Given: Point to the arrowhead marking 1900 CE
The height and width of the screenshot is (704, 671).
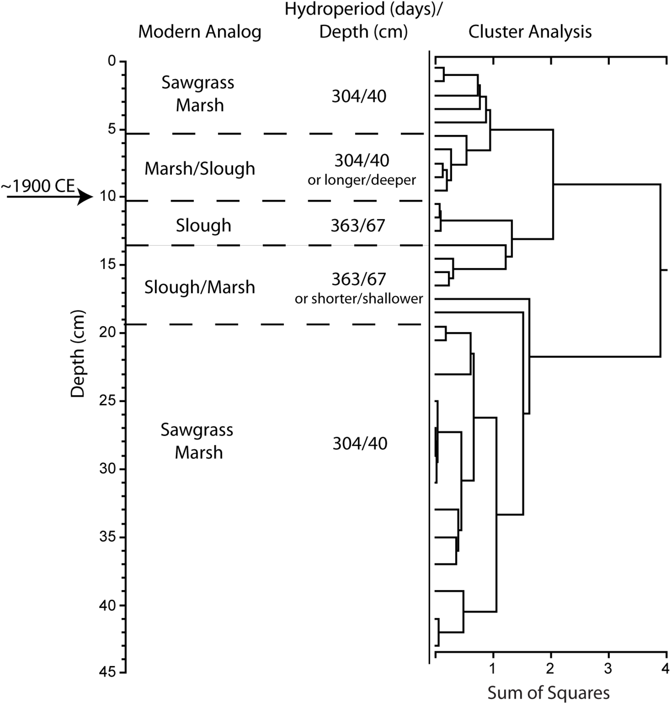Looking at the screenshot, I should tap(86, 197).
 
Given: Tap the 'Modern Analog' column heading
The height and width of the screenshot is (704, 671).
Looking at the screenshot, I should tap(200, 32).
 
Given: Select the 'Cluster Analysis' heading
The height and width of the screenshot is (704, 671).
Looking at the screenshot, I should tap(530, 32).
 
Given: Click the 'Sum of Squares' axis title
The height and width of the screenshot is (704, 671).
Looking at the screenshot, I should tap(548, 692).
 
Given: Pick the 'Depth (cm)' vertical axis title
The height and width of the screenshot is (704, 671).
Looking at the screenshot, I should tap(78, 354).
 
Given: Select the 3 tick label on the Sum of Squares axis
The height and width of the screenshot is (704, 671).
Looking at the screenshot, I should tap(608, 668).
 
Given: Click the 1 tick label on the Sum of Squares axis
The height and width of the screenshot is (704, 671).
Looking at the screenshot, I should tap(493, 668).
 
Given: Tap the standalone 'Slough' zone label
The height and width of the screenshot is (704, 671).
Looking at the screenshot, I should tap(203, 226).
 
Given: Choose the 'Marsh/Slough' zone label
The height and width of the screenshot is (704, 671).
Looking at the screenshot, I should tap(200, 169).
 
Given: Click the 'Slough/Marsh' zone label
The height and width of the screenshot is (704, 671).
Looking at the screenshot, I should tap(200, 287).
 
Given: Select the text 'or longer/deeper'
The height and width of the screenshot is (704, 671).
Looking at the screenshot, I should tap(362, 180).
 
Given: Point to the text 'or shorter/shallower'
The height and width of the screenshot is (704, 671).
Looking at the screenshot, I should tap(359, 298).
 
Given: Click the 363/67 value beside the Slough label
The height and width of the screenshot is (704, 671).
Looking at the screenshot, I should tap(358, 226).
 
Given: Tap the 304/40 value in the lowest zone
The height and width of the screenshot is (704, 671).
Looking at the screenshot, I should tap(360, 444).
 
